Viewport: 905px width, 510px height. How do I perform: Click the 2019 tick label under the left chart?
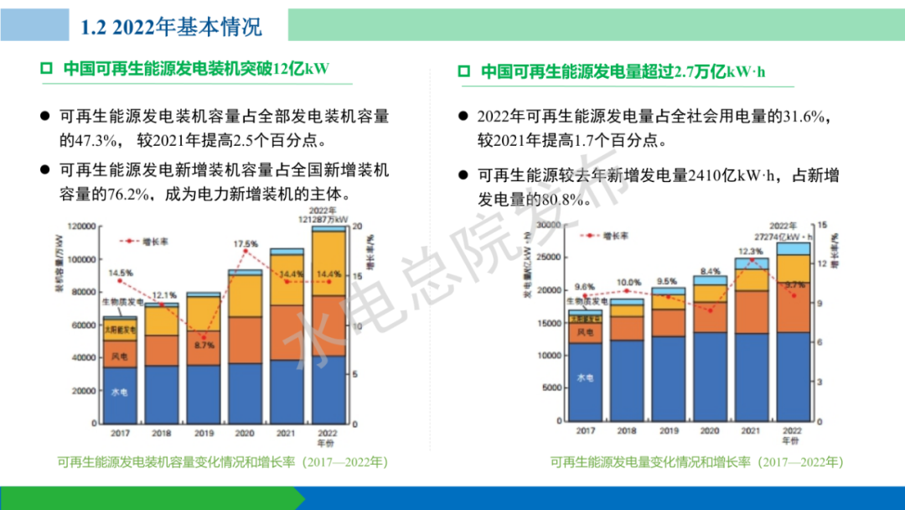coord(203,434)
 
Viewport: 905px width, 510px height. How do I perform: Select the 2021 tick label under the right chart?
coord(750,429)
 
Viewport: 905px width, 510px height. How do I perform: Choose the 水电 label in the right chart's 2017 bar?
coord(585,379)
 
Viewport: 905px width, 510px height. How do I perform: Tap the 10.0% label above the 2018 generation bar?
coord(628,283)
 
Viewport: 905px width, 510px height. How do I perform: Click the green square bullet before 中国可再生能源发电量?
coord(464,72)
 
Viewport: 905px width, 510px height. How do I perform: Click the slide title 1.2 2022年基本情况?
coord(172,26)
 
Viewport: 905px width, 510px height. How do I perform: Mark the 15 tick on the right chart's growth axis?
coord(822,225)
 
